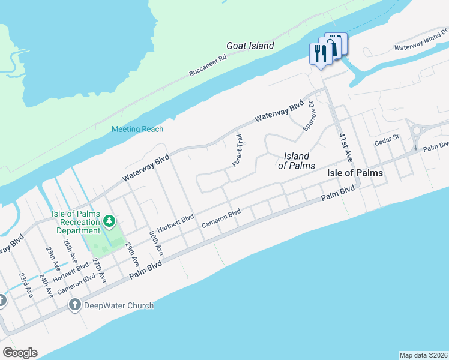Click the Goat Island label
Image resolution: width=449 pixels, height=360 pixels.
pyautogui.click(x=250, y=46)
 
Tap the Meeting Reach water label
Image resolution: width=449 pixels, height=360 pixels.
pyautogui.click(x=137, y=129)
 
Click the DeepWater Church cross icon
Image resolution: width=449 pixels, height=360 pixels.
pyautogui.click(x=74, y=305)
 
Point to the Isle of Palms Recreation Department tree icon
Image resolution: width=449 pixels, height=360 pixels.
pyautogui.click(x=109, y=222)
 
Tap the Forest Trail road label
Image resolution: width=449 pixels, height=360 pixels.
pyautogui.click(x=238, y=151)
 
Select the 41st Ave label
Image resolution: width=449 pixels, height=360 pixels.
pyautogui.click(x=344, y=148)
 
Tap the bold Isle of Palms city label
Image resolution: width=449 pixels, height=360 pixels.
pyautogui.click(x=355, y=173)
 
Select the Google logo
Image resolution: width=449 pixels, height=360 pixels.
pyautogui.click(x=20, y=353)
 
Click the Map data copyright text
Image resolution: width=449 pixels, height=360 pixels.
pyautogui.click(x=424, y=355)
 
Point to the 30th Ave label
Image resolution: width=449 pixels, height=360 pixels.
pyautogui.click(x=155, y=242)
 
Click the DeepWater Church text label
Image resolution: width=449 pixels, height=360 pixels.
pyautogui.click(x=119, y=305)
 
